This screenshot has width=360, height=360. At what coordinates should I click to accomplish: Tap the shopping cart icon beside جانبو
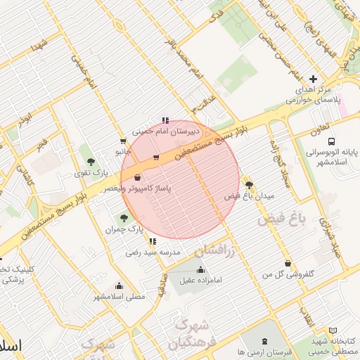coord(124,141)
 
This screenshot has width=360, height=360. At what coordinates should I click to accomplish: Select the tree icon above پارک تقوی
coord(91,160)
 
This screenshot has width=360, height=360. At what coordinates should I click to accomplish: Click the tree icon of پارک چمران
coord(125,217)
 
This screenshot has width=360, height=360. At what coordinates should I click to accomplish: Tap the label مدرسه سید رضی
coord(153,251)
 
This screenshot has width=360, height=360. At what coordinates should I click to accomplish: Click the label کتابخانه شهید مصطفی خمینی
coord(333,345)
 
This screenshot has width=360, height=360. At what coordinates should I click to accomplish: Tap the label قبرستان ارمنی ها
coord(240,351)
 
